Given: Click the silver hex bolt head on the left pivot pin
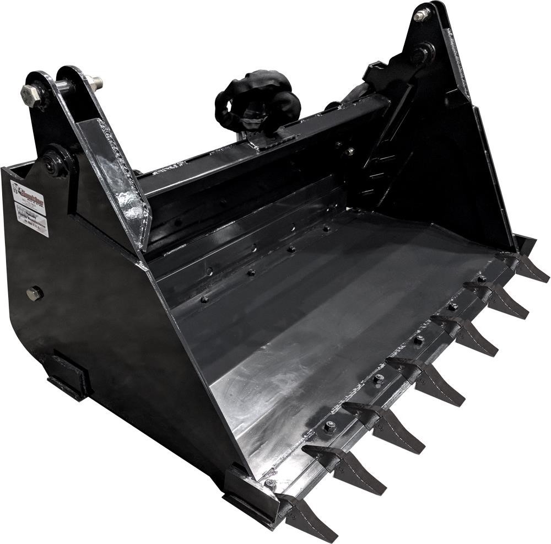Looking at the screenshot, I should point(30,94).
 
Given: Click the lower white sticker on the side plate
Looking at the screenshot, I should point(32,220).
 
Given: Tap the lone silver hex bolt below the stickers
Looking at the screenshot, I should point(35,293).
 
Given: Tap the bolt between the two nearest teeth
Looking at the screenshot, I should point(329,426).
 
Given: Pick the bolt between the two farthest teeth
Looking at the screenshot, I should point(481,279).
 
